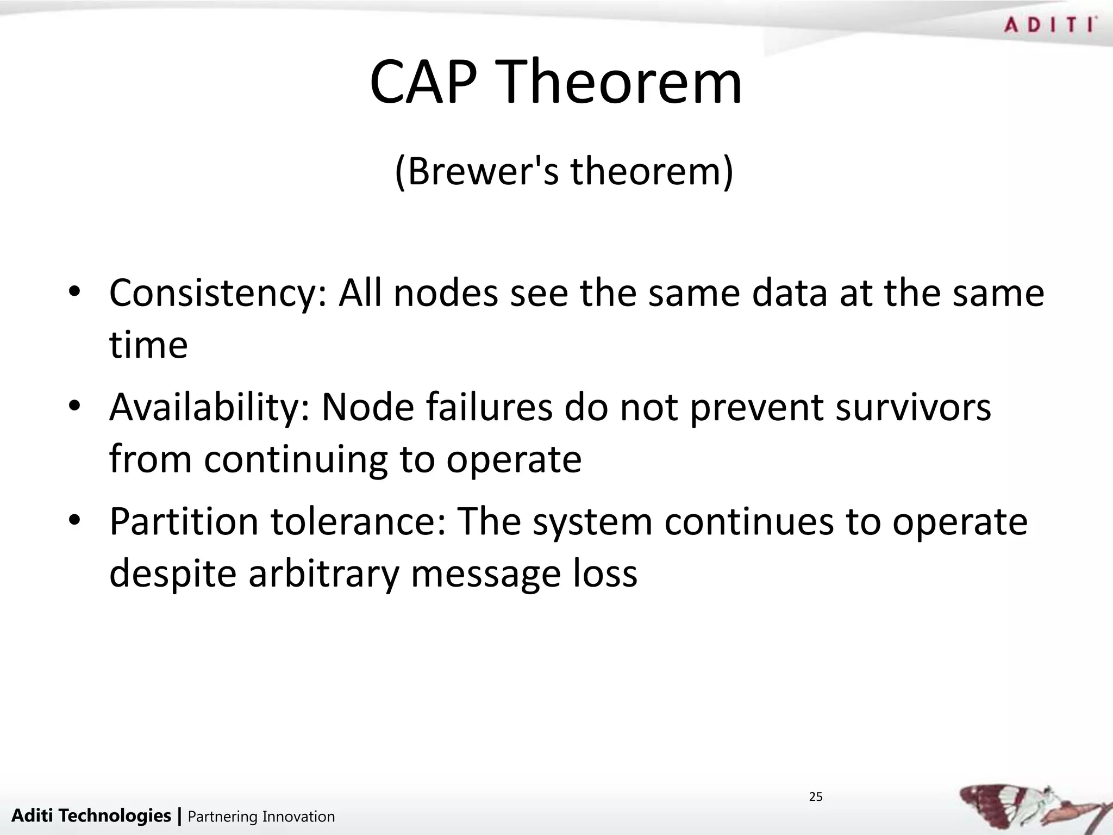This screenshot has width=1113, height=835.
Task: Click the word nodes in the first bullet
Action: [x=446, y=294]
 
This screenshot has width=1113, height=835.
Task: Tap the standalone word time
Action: [x=148, y=345]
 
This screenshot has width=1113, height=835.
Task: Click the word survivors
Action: [x=913, y=408]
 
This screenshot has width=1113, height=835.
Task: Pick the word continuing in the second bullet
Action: [x=296, y=459]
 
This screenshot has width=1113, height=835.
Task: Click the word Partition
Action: [x=184, y=522]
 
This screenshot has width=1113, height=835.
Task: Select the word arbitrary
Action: [x=324, y=574]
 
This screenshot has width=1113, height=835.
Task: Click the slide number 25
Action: [x=816, y=797]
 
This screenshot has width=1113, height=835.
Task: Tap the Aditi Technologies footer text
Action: [x=91, y=815]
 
